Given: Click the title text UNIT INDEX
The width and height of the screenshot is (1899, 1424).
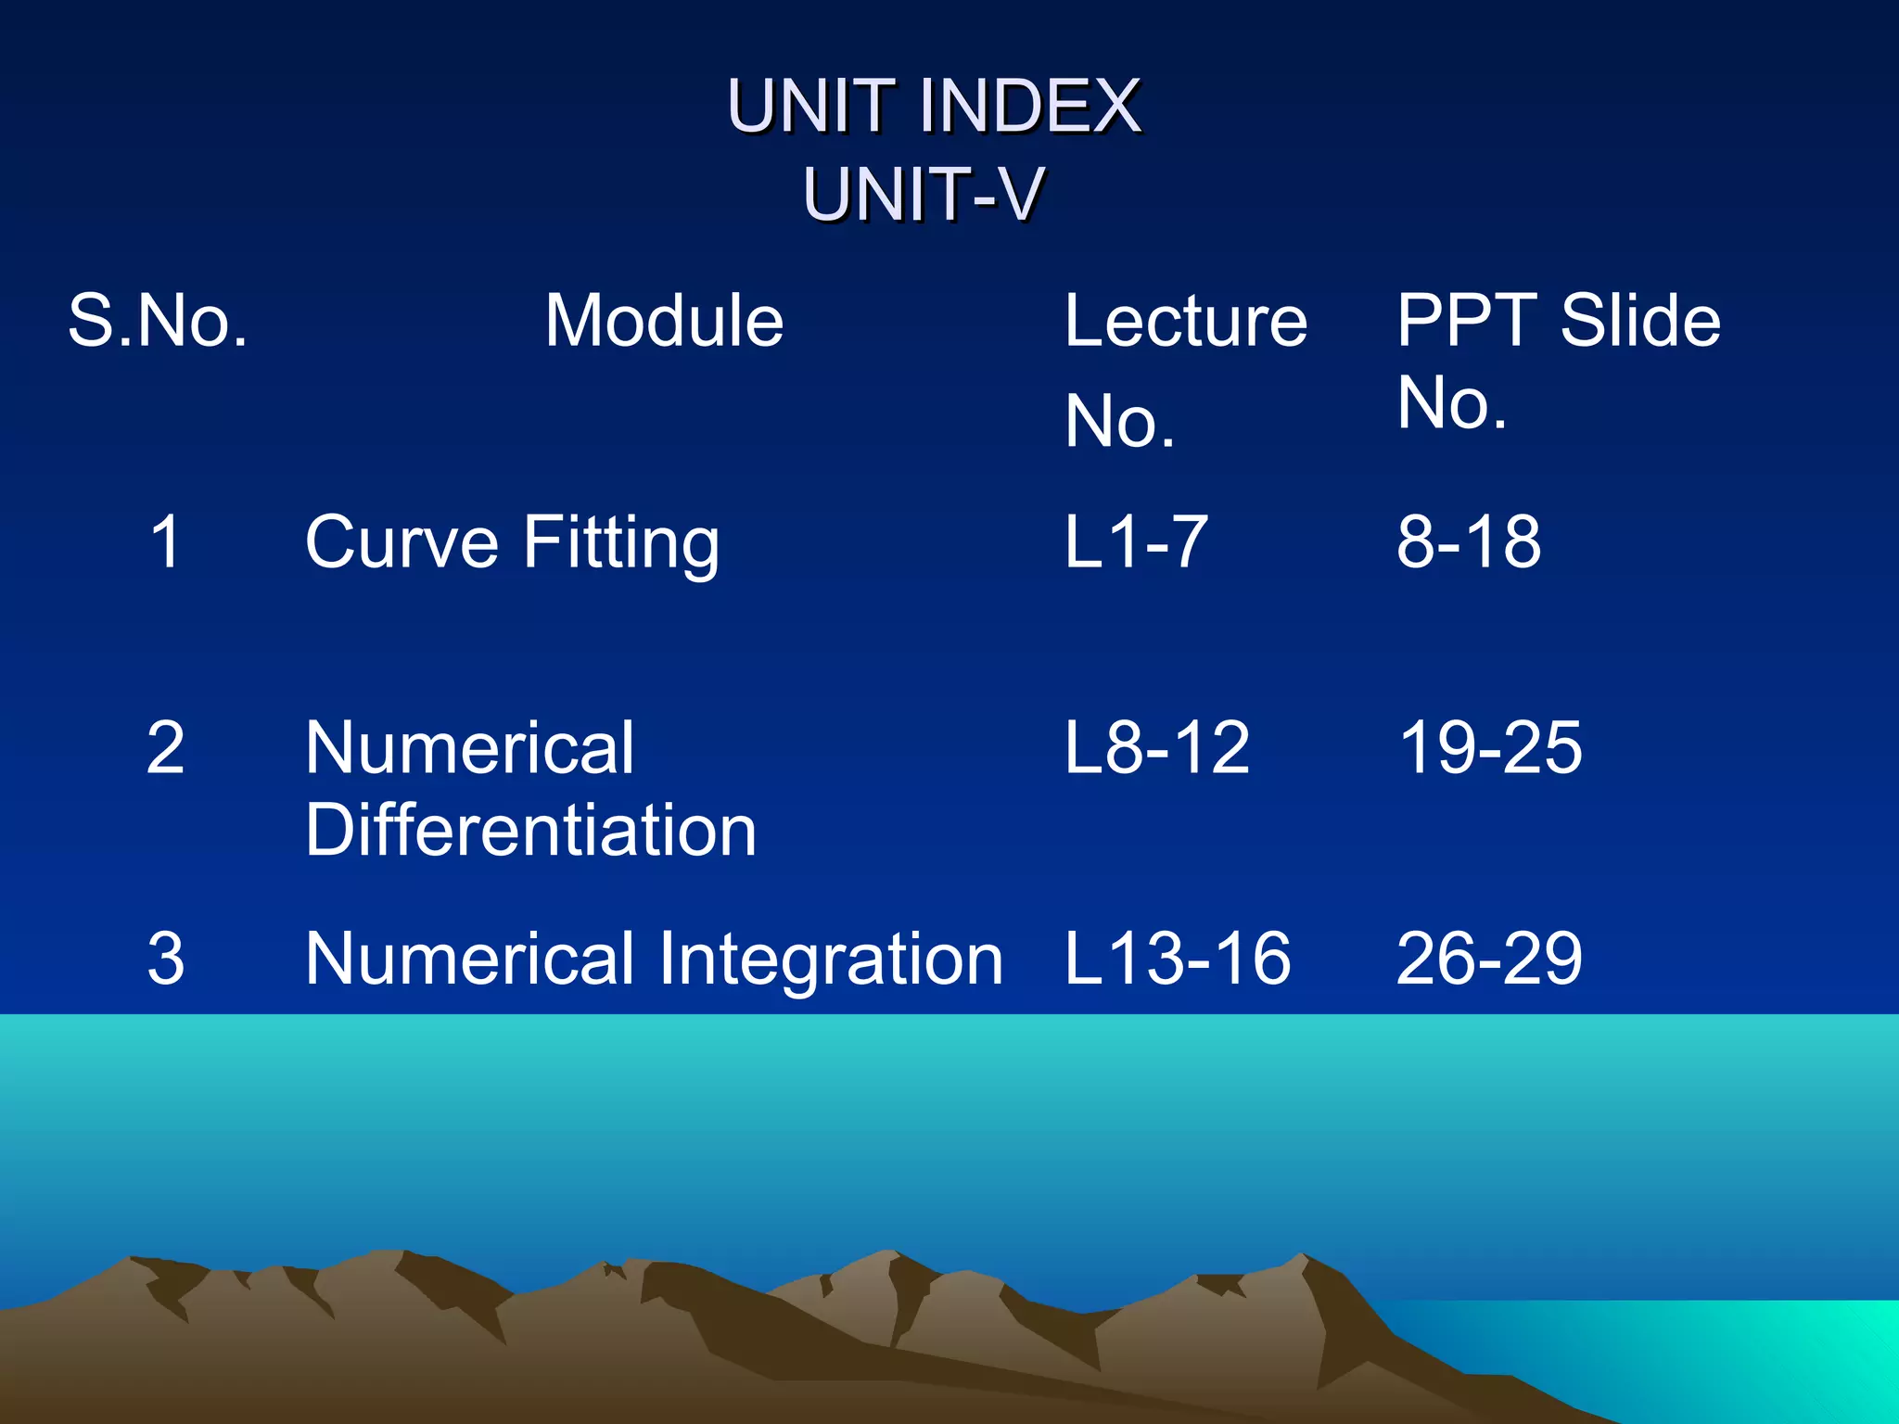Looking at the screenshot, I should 934,107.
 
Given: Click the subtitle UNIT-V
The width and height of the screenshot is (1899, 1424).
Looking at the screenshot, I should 924,195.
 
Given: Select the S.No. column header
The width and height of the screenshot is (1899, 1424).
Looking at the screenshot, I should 159,321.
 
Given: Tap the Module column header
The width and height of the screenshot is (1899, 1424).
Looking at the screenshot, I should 664,321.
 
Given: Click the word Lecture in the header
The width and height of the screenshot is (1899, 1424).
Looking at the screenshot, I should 1186,321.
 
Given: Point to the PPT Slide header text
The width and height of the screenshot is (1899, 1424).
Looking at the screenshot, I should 1558,321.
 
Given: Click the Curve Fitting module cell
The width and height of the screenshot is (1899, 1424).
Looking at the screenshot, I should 512,542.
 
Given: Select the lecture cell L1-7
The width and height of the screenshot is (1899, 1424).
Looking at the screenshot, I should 1136,542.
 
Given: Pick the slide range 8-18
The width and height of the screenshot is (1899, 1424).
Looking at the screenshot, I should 1469,542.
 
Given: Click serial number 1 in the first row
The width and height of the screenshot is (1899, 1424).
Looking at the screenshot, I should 165,542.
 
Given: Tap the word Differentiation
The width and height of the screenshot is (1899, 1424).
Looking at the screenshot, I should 530,830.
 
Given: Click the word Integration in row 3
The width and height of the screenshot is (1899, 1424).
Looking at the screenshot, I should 831,959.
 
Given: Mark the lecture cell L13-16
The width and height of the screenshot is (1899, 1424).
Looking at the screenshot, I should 1178,959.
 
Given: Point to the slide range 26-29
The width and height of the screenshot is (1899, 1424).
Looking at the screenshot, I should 1490,959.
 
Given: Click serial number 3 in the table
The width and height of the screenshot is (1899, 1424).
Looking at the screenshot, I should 165,959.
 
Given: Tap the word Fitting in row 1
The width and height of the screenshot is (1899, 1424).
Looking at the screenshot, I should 621,542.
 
